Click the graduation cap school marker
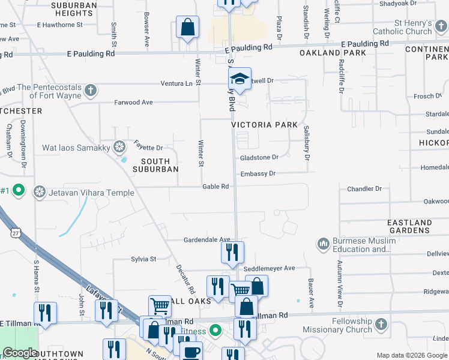pos(240,79)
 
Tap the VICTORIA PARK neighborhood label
pos(265,124)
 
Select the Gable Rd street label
pos(216,187)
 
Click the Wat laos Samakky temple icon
pos(119,147)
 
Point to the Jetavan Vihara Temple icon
pos(40,191)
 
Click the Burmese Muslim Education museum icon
pos(324,244)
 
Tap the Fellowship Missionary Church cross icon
pos(381,325)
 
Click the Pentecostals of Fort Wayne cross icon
pos(91,91)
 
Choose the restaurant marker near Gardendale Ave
pos(232,253)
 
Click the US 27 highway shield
pos(16,232)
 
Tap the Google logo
pos(20,353)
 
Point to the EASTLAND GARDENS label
pos(409,226)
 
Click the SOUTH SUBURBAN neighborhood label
pos(160,165)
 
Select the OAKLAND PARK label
pos(324,53)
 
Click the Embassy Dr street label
pos(258,173)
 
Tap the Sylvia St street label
pos(143,259)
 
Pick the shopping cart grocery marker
pos(160,306)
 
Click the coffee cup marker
pos(191,352)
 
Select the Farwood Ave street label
pos(134,103)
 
